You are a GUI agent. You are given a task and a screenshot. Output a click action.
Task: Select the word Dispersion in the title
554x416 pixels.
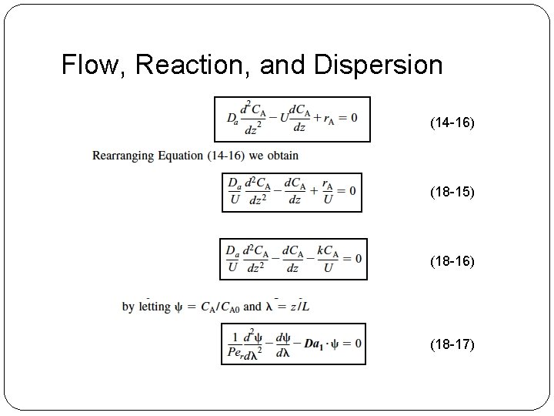click(379, 65)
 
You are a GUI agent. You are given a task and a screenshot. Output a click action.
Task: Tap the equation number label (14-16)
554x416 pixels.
click(452, 122)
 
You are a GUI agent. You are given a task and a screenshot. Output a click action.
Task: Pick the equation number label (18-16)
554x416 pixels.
click(452, 262)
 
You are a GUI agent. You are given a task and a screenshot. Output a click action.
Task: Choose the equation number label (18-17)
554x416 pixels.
click(452, 344)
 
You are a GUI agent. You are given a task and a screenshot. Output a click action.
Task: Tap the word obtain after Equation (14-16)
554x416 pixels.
click(282, 156)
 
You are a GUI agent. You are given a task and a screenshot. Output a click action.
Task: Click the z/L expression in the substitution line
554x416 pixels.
click(296, 306)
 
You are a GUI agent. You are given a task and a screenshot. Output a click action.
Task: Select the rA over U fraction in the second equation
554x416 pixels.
click(327, 192)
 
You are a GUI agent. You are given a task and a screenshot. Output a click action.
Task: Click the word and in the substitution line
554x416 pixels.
click(252, 307)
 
